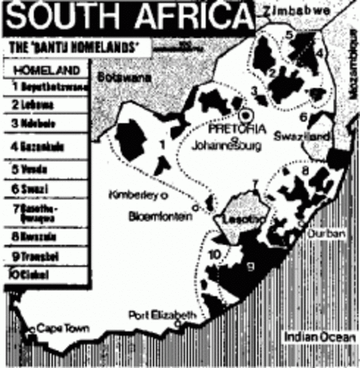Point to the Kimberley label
pyautogui.click(x=128, y=192)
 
